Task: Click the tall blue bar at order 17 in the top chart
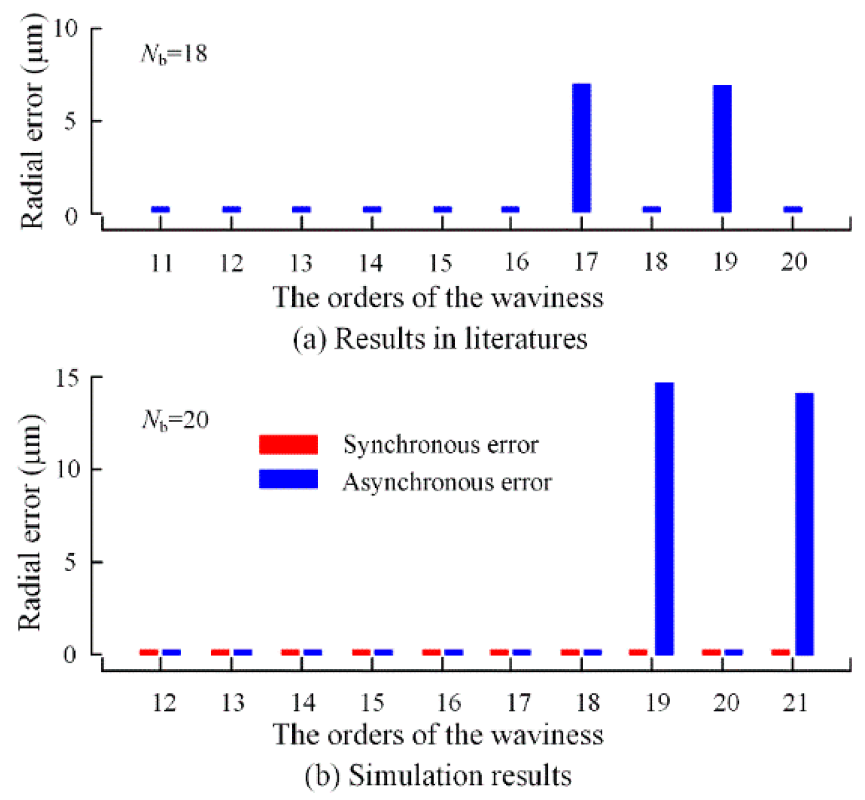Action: pos(582,148)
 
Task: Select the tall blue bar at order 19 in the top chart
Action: pos(723,149)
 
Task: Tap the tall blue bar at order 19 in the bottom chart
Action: pos(665,518)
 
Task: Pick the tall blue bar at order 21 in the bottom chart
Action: pos(804,524)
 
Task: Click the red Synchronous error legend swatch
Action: pos(288,445)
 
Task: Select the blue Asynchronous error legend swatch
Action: pos(288,479)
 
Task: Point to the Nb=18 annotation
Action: pos(174,54)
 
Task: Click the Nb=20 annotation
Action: pos(175,419)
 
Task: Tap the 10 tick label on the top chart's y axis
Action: pos(66,28)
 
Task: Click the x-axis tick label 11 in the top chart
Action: pos(161,262)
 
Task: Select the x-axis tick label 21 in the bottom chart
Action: pos(795,703)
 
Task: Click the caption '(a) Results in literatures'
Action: pos(440,339)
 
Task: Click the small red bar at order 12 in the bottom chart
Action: pos(149,652)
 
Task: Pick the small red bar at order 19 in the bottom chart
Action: pos(638,652)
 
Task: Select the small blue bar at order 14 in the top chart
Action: pos(372,209)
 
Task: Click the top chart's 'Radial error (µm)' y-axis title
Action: pos(32,120)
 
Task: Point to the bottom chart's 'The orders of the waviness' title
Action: pos(438,734)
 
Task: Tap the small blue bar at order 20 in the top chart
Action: pos(793,209)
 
